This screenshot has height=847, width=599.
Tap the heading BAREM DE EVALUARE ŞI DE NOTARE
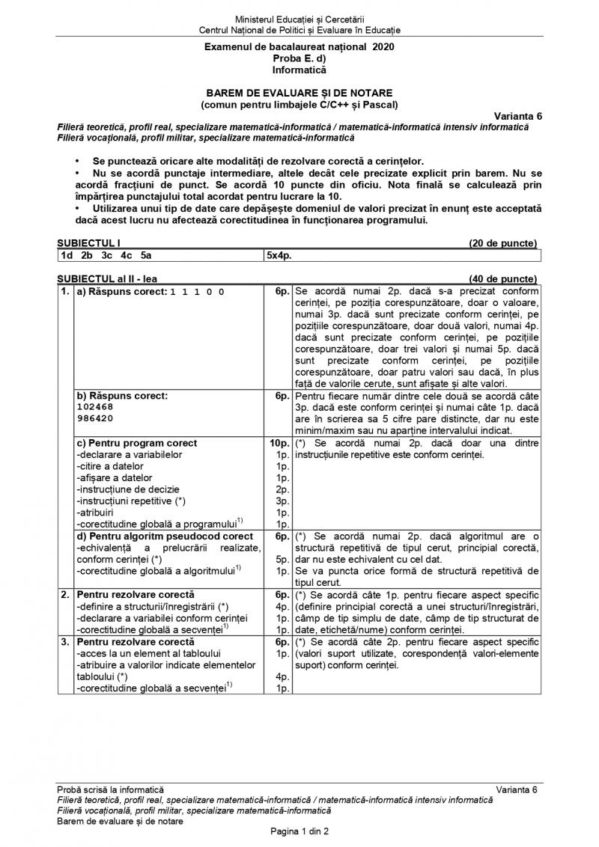click(x=299, y=93)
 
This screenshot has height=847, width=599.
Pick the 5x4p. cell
click(x=279, y=254)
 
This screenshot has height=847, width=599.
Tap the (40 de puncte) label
click(x=502, y=278)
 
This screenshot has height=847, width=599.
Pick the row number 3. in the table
click(x=66, y=641)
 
